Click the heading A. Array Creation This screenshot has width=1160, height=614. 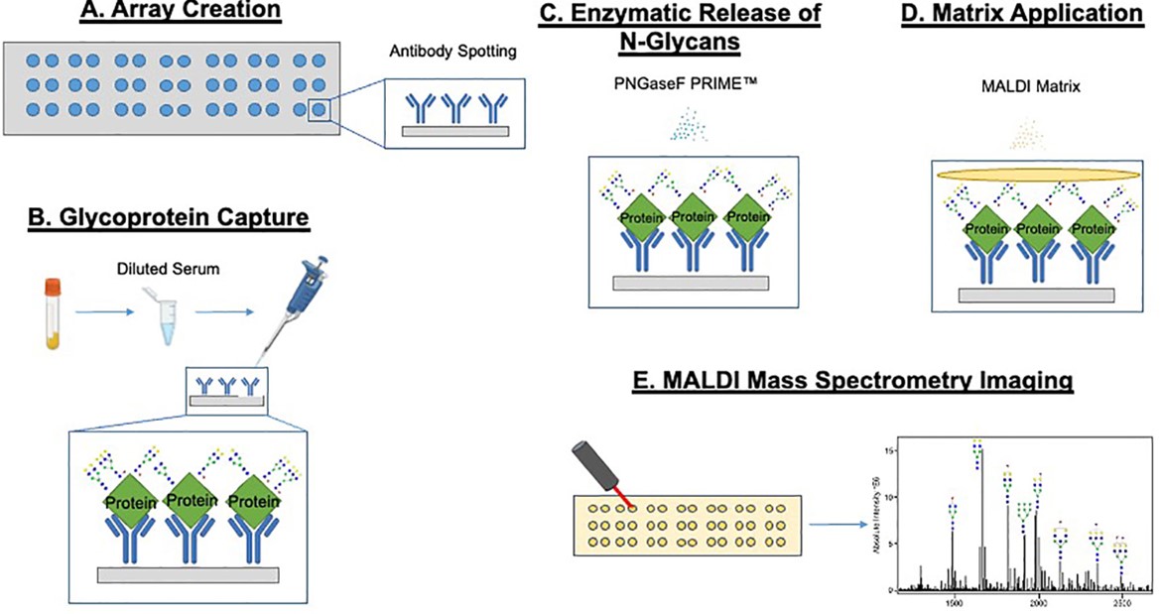pos(181,13)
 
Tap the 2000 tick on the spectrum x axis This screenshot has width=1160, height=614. pos(1038,602)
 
